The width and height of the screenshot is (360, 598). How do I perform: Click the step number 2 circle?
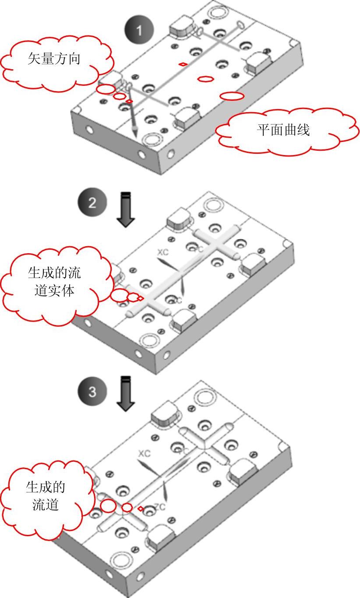pyautogui.click(x=91, y=203)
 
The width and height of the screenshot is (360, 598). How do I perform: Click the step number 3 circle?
pyautogui.click(x=92, y=391)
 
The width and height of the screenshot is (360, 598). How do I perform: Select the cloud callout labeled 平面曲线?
pyautogui.click(x=284, y=131)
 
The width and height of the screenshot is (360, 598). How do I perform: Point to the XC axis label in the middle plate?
pyautogui.click(x=163, y=252)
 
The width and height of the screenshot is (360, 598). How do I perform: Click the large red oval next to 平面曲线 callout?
pyautogui.click(x=232, y=96)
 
